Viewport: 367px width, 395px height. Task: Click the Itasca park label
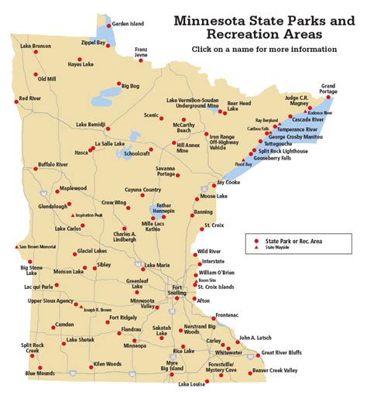tap(81, 153)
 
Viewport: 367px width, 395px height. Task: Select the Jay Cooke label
tap(229, 183)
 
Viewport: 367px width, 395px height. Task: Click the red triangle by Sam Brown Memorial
tap(16, 247)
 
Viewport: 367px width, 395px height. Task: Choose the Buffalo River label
tap(53, 165)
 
